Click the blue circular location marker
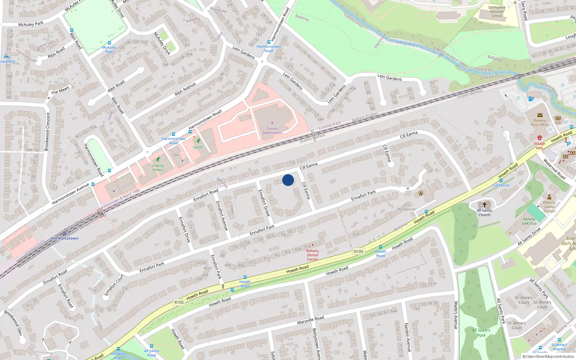click(x=288, y=180)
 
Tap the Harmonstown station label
click(x=64, y=238)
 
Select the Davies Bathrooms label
click(x=272, y=131)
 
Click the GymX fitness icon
click(x=198, y=141)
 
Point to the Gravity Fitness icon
click(x=158, y=159)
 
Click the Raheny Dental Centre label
click(x=312, y=255)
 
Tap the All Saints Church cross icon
click(x=485, y=205)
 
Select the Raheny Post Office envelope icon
click(x=540, y=116)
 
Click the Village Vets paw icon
click(x=539, y=138)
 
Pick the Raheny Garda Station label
click(x=549, y=207)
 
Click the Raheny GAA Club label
click(x=529, y=221)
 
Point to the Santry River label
click(x=406, y=43)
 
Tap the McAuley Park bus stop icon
click(x=109, y=43)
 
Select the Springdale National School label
click(x=497, y=12)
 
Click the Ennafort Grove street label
click(x=264, y=203)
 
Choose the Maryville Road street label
click(x=310, y=320)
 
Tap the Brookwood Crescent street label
click(x=47, y=131)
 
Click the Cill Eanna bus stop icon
click(x=501, y=180)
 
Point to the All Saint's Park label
click(x=481, y=333)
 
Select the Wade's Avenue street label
click(x=456, y=315)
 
